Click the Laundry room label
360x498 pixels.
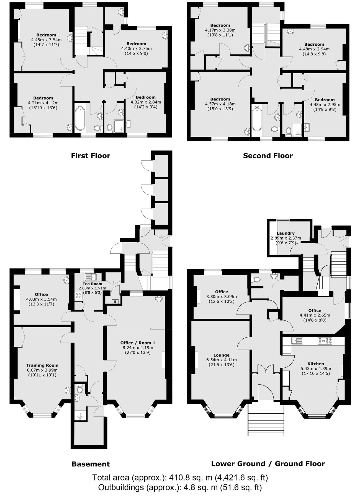click(286, 233)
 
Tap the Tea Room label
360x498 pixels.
click(92, 284)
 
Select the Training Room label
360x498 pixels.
click(42, 365)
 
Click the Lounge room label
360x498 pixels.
click(222, 355)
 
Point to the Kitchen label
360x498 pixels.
click(316, 364)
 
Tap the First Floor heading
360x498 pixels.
click(91, 156)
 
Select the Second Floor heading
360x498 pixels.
click(268, 156)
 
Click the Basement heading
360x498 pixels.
click(91, 464)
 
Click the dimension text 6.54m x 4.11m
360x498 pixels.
click(222, 360)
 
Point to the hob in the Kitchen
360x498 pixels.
click(325, 341)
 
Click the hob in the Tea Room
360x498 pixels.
click(78, 296)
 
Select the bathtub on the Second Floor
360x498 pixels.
click(257, 119)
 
